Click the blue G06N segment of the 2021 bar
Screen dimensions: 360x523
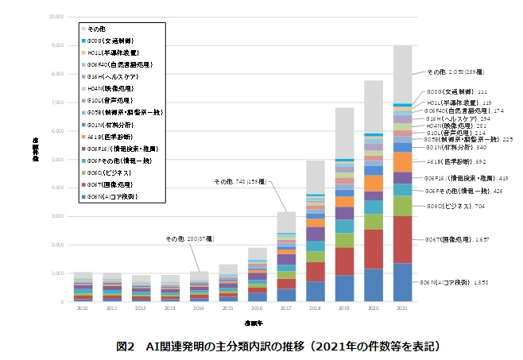(402, 282)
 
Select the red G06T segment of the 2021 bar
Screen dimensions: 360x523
(402, 239)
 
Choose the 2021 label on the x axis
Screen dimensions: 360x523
(402, 308)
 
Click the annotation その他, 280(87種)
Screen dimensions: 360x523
(189, 238)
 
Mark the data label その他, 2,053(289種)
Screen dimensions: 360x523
(460, 72)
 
